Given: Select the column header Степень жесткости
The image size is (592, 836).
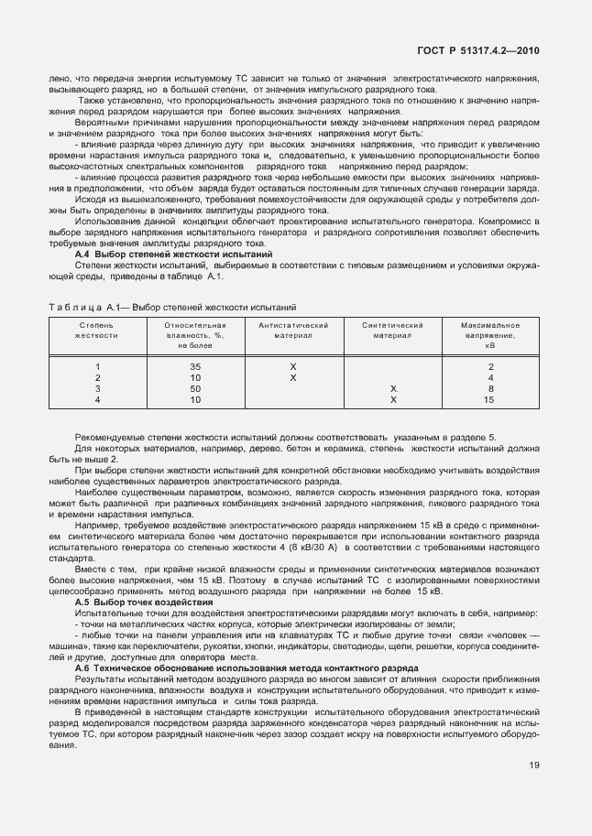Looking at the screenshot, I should coord(97,331).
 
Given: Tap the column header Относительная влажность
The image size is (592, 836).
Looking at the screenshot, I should coord(194,336).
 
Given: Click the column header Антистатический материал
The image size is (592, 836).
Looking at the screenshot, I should coord(293,331).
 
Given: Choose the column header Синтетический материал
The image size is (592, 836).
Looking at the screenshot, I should coord(392,331).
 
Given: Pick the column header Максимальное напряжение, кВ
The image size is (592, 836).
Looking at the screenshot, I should coord(490,336).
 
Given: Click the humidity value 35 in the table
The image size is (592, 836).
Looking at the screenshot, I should coord(194,366).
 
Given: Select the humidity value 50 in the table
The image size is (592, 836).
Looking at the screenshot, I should coord(194,388).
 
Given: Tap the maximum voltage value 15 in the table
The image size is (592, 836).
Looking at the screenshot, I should coord(489,399).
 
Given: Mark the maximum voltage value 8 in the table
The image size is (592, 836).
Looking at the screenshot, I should coord(490,388).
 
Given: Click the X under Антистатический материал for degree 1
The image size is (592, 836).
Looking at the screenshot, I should coord(293,366).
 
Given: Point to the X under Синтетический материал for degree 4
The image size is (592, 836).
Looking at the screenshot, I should coord(392,399).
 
